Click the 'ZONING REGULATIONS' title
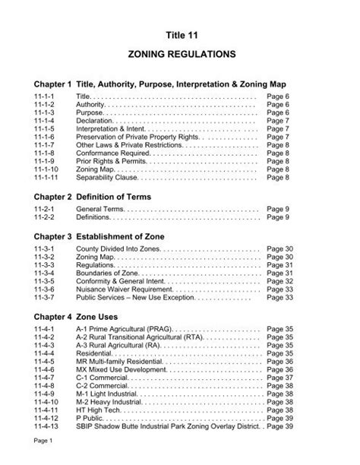(x=180, y=55)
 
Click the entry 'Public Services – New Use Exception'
(x=140, y=297)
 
